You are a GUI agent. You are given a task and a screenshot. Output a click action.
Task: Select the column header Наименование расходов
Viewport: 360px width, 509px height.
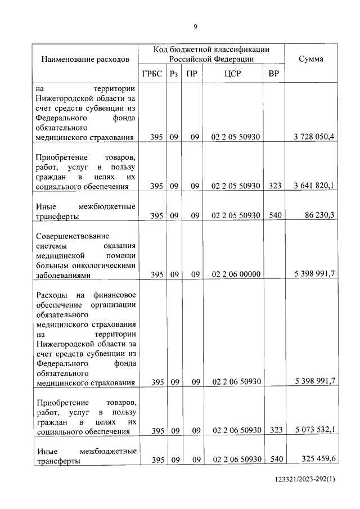[85, 58]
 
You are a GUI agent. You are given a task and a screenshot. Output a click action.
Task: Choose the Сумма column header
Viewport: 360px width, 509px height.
[310, 58]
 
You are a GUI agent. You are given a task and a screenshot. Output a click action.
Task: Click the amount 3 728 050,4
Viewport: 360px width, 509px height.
[314, 137]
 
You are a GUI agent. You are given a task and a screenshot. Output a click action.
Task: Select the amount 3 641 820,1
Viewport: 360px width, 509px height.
[314, 186]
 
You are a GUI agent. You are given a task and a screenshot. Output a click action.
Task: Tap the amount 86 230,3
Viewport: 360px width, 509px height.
[318, 215]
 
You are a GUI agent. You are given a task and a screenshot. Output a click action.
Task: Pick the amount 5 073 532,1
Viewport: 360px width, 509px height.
[314, 430]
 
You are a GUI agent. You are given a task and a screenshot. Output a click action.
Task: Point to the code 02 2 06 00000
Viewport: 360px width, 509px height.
[236, 274]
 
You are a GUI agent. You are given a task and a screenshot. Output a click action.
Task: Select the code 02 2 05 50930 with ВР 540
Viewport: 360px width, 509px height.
[236, 215]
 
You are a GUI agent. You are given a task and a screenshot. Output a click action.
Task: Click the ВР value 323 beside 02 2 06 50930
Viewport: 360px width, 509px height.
[274, 430]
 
